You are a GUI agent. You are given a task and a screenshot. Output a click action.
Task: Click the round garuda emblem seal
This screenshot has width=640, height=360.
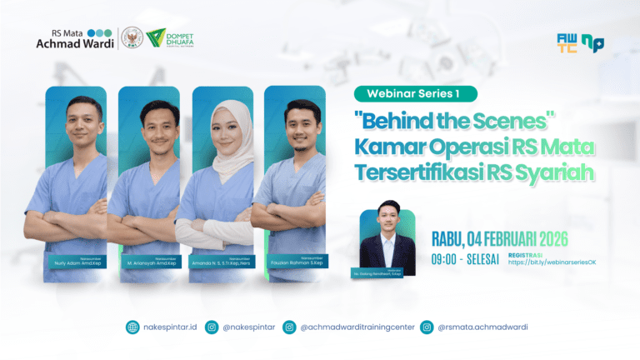point(131,38)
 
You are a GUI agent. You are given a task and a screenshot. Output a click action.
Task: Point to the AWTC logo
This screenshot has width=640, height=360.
point(567,42)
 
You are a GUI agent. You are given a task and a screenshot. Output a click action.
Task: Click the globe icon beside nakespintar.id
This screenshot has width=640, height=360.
point(132,327)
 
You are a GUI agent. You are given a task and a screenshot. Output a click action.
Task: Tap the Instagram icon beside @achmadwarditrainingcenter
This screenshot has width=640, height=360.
point(289,327)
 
